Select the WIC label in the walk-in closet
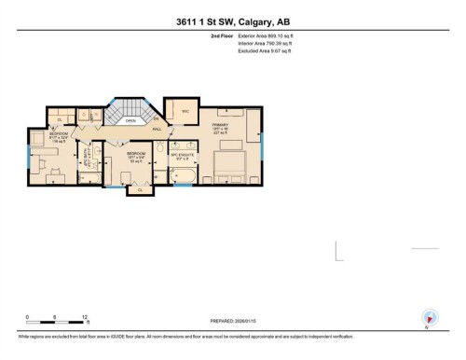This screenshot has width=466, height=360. pyautogui.click(x=185, y=110)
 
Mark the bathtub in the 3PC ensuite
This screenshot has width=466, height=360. pyautogui.click(x=185, y=176)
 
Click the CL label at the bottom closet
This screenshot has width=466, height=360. pyautogui.click(x=140, y=190)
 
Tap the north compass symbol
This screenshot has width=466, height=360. pyautogui.click(x=428, y=317)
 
